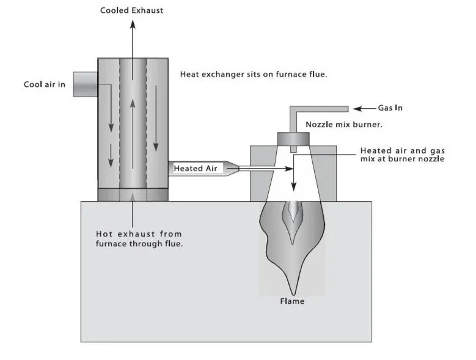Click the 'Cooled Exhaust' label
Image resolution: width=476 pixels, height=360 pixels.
131,11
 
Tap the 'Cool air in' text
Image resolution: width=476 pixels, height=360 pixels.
45,84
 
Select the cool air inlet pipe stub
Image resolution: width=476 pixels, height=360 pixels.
85,84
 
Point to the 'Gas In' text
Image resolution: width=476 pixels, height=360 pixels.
390,108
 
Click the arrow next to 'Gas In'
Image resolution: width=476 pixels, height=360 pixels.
364,109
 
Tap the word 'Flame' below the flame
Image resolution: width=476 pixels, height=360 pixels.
291,301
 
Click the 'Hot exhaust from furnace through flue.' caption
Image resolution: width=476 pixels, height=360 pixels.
139,239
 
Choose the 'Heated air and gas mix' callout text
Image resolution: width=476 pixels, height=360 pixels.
401,155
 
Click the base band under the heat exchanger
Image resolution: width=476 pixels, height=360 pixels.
133,194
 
